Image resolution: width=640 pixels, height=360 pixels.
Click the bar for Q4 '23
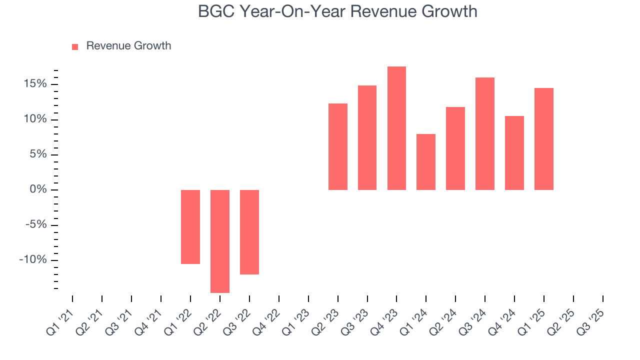click(x=396, y=128)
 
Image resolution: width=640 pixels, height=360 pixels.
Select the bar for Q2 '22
click(x=220, y=241)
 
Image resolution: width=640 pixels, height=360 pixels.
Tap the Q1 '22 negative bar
click(x=190, y=226)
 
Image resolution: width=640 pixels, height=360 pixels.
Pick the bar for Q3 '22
click(x=249, y=232)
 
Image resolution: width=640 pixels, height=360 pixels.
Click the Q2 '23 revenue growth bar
click(x=338, y=146)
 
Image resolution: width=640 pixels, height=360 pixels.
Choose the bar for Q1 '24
click(x=426, y=161)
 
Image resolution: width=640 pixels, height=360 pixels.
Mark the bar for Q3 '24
click(x=485, y=133)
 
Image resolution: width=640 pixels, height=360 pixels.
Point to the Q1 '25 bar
click(x=544, y=138)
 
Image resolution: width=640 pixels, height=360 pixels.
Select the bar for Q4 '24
click(x=514, y=152)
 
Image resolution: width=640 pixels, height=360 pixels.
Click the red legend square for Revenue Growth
click(x=75, y=46)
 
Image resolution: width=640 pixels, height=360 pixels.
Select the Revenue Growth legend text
click(x=128, y=46)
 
